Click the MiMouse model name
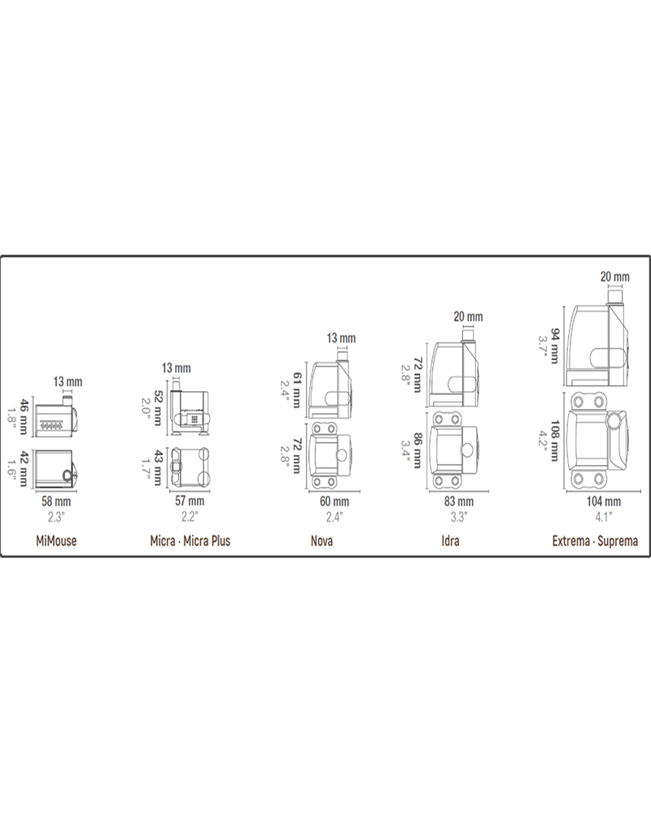click(x=56, y=541)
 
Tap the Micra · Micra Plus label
click(x=190, y=541)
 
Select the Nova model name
click(x=322, y=541)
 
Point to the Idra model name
click(x=450, y=541)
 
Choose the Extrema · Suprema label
click(x=595, y=541)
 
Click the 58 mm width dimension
click(x=56, y=502)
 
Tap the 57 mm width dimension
click(x=190, y=501)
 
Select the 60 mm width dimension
click(x=334, y=502)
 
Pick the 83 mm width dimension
click(x=459, y=502)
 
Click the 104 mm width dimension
click(x=604, y=502)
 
